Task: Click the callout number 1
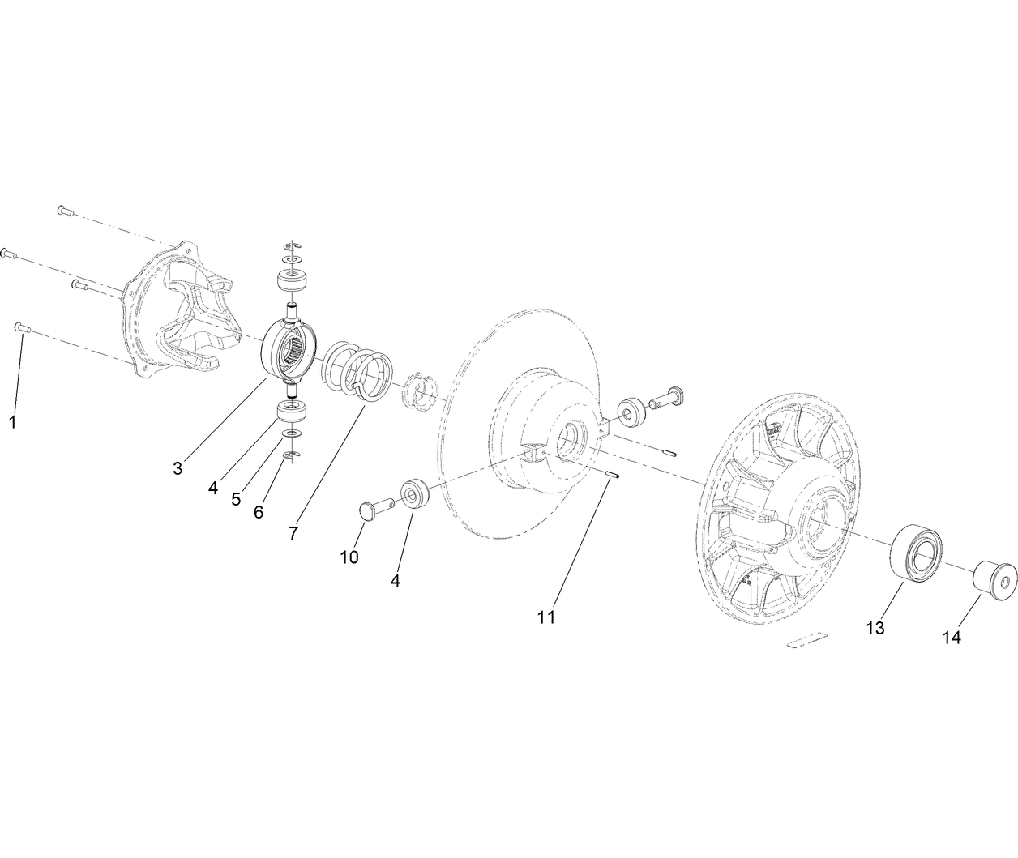12,422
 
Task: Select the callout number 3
178,467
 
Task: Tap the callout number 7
293,532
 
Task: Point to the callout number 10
349,557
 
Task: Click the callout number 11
546,617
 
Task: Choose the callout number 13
875,628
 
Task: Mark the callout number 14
952,638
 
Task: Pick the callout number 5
236,499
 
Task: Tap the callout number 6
259,512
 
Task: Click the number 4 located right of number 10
396,581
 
